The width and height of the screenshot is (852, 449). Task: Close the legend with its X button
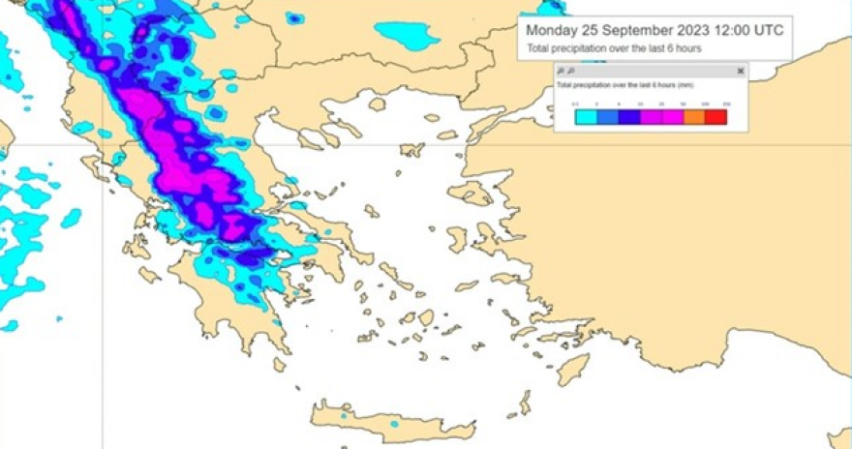click(x=741, y=72)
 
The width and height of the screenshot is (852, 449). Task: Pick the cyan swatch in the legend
click(x=585, y=117)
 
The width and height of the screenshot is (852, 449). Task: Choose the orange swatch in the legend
click(x=694, y=117)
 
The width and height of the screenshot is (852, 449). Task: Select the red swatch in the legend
click(x=715, y=117)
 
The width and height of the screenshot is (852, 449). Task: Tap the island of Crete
click(x=387, y=420)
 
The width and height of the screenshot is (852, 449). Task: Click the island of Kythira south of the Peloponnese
click(x=280, y=365)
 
